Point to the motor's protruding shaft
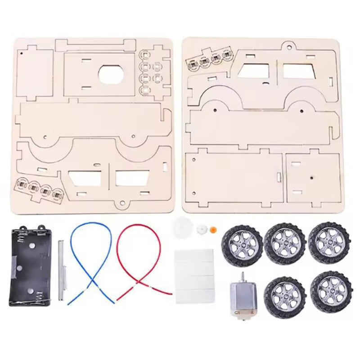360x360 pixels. point(242,276)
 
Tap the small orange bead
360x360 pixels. point(214,229)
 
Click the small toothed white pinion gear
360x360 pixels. point(202,230)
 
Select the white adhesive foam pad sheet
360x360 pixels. point(193,271)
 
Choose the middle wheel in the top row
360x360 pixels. point(285,243)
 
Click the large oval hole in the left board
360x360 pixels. point(111,74)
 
